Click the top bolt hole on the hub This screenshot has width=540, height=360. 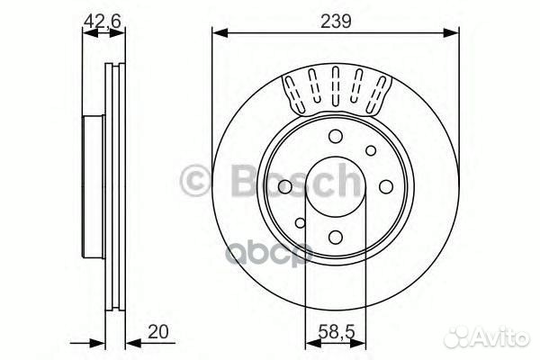click(336, 138)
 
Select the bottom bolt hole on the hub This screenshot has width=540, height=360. click(335, 238)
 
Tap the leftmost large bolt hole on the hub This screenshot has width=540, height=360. click(285, 187)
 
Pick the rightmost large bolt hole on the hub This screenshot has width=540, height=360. click(385, 187)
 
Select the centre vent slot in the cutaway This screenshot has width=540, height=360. click(336, 86)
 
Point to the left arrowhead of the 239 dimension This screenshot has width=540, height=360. click(217, 34)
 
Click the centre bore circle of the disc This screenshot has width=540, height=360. click(335, 187)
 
